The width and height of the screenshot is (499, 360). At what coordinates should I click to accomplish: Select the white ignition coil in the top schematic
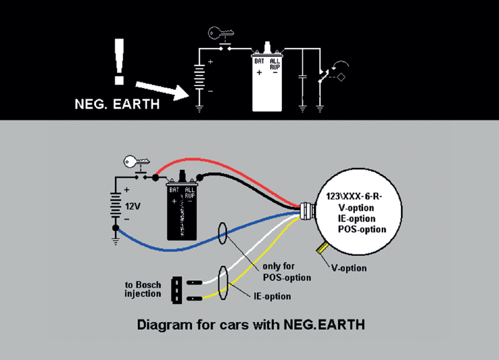point(268,78)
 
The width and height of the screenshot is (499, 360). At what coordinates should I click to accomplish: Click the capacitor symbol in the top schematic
point(302,77)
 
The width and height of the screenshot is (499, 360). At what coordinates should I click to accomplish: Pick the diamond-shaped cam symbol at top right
point(342,77)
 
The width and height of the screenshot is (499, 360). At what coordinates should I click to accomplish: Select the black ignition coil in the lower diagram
point(182,209)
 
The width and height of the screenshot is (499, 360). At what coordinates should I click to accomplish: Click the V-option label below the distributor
point(349,268)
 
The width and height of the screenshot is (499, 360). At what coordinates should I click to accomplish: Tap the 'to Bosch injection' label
point(144,289)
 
